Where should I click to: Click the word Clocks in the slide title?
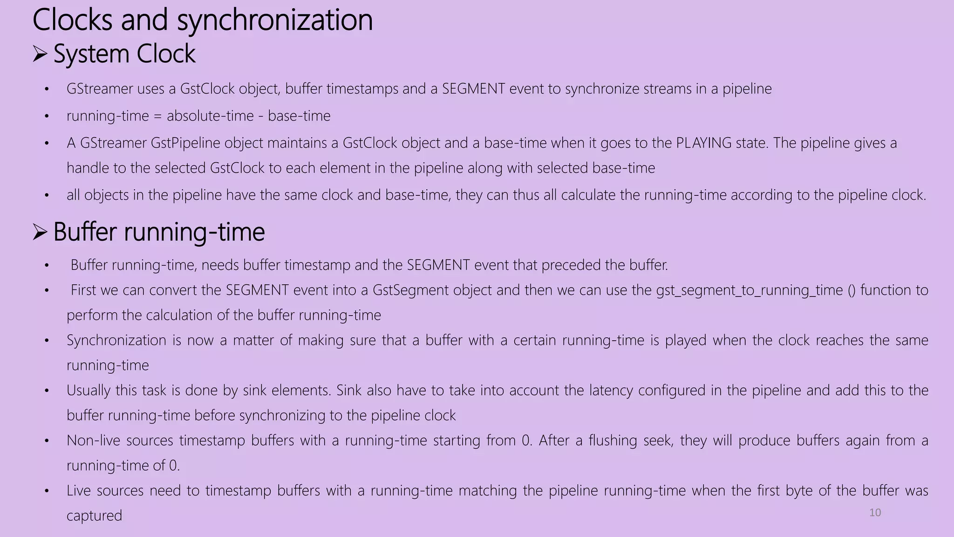73,21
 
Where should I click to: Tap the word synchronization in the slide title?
275,21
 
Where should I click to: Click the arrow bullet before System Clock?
40,55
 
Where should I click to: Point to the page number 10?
875,513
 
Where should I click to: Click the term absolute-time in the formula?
210,116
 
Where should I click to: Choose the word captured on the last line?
94,516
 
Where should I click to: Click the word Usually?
89,390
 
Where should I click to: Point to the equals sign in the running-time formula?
157,116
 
